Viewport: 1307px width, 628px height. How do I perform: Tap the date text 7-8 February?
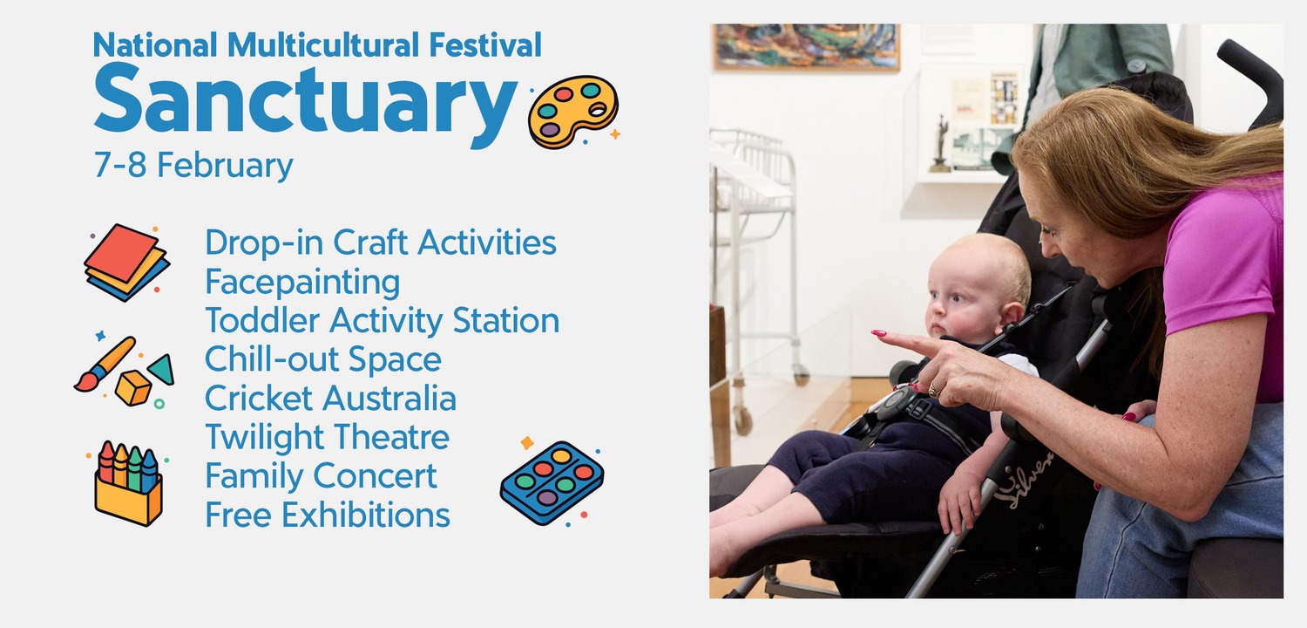click(x=193, y=166)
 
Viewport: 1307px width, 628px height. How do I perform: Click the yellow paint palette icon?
click(x=573, y=111)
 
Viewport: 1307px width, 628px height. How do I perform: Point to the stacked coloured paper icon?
click(x=126, y=263)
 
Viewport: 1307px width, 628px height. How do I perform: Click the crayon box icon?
click(x=128, y=484)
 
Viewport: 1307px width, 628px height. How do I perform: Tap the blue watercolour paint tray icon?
click(x=552, y=482)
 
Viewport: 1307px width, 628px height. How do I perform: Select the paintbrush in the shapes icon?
click(x=105, y=364)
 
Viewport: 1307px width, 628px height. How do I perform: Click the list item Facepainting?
click(x=302, y=282)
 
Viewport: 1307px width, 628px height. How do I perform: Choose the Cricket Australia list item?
click(x=330, y=399)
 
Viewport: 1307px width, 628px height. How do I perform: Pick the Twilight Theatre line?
click(x=328, y=438)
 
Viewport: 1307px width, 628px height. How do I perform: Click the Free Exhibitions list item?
click(x=328, y=515)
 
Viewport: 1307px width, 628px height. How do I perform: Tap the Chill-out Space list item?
click(x=322, y=360)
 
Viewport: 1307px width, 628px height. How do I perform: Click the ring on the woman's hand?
click(x=933, y=390)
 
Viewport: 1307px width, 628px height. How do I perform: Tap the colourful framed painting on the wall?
click(x=807, y=47)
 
